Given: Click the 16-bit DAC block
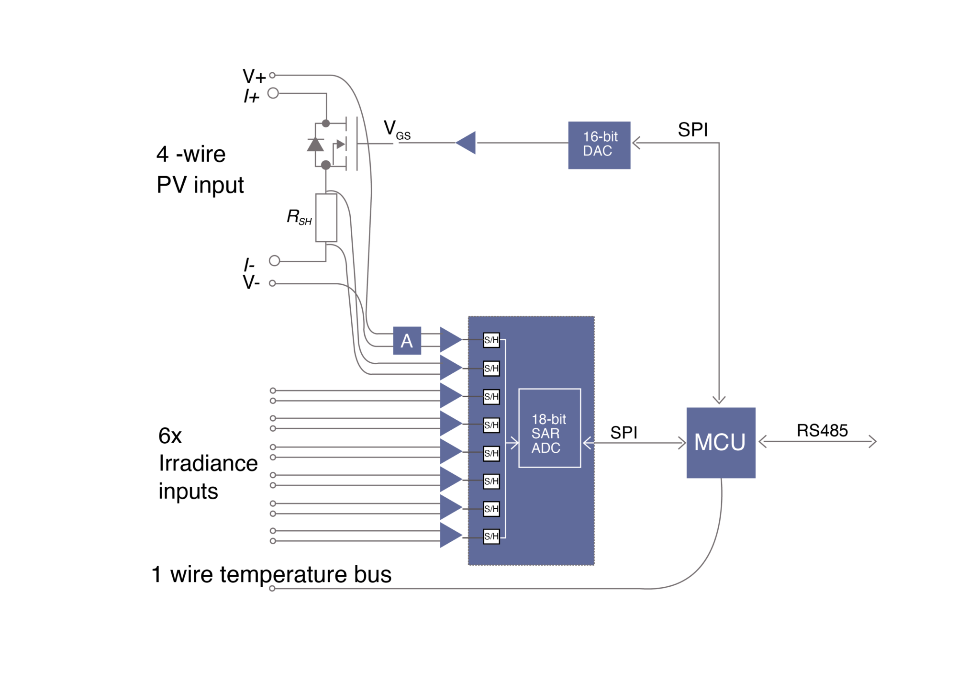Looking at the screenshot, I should (x=599, y=145).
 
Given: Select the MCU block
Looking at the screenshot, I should (x=720, y=442).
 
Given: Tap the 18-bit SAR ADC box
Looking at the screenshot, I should (x=549, y=428).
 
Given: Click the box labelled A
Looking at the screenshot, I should (x=407, y=341).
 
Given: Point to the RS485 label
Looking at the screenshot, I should (x=822, y=430).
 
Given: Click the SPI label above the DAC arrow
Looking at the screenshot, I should (x=692, y=130).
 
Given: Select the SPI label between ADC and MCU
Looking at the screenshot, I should (x=624, y=433).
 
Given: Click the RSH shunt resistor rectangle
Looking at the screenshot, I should (x=326, y=218).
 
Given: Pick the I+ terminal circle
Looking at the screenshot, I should (x=273, y=93).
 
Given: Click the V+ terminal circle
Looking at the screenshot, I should (x=272, y=75).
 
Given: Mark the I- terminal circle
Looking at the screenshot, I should (x=274, y=261).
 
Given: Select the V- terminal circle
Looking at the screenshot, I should (x=272, y=283).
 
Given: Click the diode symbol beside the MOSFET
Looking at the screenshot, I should (x=315, y=144).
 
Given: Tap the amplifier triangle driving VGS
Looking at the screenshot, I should (x=467, y=143).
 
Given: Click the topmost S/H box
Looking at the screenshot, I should (x=491, y=340).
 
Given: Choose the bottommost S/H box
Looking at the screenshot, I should (x=491, y=536).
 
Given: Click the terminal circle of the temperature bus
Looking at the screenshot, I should (x=272, y=588).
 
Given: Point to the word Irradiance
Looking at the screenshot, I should (x=208, y=463).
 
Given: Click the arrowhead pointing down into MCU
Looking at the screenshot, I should (x=719, y=400).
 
